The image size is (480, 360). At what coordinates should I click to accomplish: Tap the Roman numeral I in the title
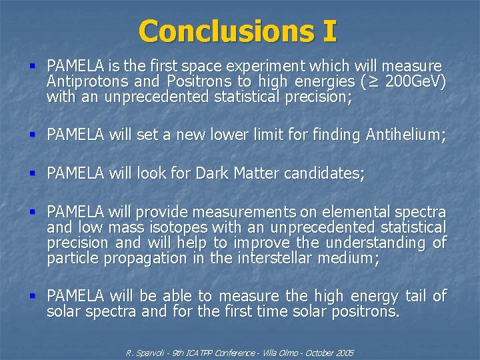pyautogui.click(x=329, y=31)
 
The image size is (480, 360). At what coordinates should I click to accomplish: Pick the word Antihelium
pyautogui.click(x=403, y=135)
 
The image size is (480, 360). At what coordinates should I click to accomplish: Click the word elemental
pyautogui.click(x=357, y=213)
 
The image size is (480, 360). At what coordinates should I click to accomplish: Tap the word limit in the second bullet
pyautogui.click(x=244, y=135)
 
